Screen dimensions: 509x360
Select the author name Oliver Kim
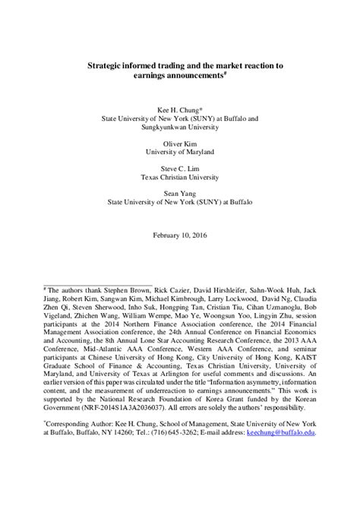[179, 142]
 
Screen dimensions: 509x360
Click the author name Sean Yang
[179, 194]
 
